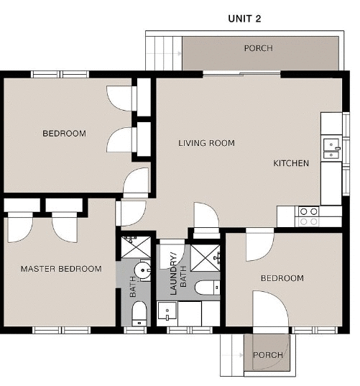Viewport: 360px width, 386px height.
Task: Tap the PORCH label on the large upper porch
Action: point(258,49)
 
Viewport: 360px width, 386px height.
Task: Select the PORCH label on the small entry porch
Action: point(267,355)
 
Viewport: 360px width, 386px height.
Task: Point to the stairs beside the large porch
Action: point(164,52)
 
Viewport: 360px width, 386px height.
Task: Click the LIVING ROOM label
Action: point(206,143)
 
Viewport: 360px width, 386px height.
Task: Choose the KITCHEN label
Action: point(291,163)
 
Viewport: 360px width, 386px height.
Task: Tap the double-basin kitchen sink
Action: point(331,148)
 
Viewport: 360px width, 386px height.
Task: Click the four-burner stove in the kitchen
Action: point(309,216)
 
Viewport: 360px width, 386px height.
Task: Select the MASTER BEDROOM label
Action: point(61,269)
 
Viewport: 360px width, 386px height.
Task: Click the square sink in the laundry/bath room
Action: point(167,313)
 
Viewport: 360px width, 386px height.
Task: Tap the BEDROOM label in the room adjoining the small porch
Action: point(282,278)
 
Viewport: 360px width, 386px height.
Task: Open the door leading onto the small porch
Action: point(270,311)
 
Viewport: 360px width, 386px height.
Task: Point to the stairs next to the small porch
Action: point(231,355)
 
